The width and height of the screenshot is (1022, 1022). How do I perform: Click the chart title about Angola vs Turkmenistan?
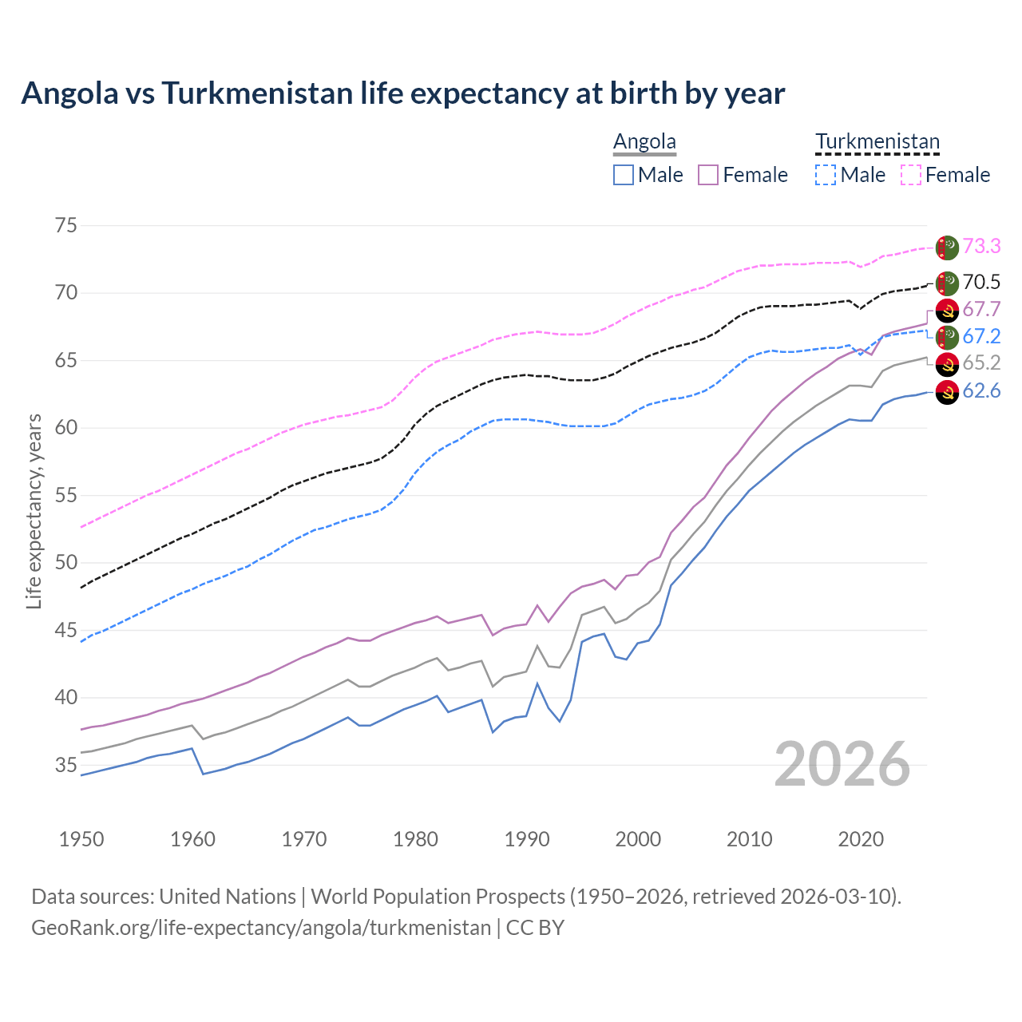tap(403, 93)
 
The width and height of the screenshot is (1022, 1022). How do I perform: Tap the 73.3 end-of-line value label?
tap(981, 246)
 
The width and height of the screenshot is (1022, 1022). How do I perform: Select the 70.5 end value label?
tap(981, 282)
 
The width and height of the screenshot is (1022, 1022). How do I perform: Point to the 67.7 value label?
tap(981, 309)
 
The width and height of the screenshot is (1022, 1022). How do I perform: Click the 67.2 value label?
tap(981, 336)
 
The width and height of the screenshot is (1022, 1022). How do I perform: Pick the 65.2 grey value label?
tap(981, 362)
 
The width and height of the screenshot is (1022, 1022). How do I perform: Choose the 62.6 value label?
tap(981, 390)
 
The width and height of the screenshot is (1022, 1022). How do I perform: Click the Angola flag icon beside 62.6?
tap(947, 392)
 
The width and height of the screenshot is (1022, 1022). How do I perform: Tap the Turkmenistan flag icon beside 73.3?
tap(947, 248)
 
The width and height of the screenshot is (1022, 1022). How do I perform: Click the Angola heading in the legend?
tap(644, 141)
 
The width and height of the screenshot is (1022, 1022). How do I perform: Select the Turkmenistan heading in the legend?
tap(877, 141)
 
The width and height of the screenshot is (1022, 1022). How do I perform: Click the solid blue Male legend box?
tap(624, 175)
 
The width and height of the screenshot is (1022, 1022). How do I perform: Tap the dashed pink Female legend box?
tap(911, 175)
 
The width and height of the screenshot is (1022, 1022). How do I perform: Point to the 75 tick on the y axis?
tap(66, 225)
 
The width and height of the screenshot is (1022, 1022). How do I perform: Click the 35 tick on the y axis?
tap(66, 765)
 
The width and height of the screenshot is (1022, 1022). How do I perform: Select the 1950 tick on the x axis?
tap(81, 839)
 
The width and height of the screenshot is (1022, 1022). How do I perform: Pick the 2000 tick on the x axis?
tap(638, 839)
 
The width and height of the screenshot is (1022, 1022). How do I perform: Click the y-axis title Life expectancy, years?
tap(34, 511)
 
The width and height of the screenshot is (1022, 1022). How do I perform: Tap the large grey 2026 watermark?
tap(842, 764)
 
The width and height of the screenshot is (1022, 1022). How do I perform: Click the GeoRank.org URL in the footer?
tap(261, 928)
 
